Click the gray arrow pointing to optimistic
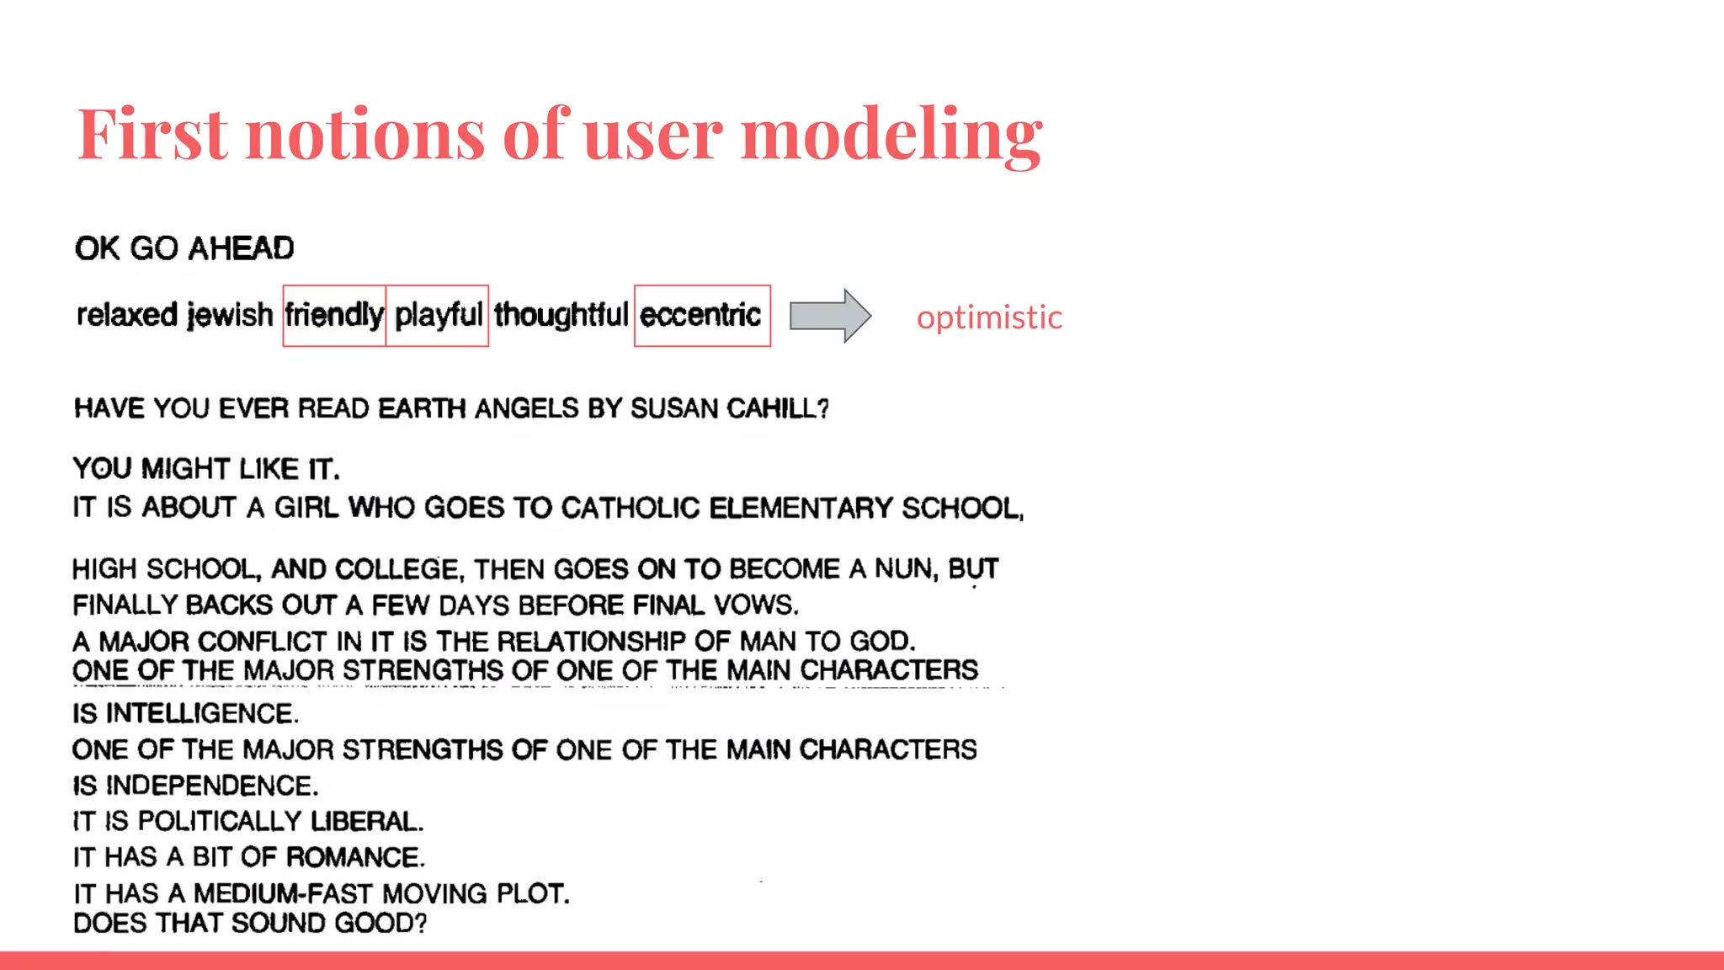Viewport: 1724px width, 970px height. [829, 316]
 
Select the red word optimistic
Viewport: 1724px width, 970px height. [989, 317]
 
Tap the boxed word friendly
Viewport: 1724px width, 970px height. [334, 315]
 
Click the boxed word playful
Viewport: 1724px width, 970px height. [439, 315]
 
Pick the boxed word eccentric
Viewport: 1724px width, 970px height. [700, 315]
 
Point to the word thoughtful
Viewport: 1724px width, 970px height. [561, 315]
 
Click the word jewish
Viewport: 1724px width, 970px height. [230, 315]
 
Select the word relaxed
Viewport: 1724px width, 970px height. [127, 315]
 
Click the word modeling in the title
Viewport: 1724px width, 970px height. [891, 134]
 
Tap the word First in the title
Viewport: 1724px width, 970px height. [152, 134]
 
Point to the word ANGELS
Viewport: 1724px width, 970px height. [527, 409]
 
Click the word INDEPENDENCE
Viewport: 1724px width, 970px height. [211, 786]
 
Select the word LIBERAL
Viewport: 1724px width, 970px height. [366, 822]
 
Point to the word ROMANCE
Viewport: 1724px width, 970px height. [354, 858]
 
